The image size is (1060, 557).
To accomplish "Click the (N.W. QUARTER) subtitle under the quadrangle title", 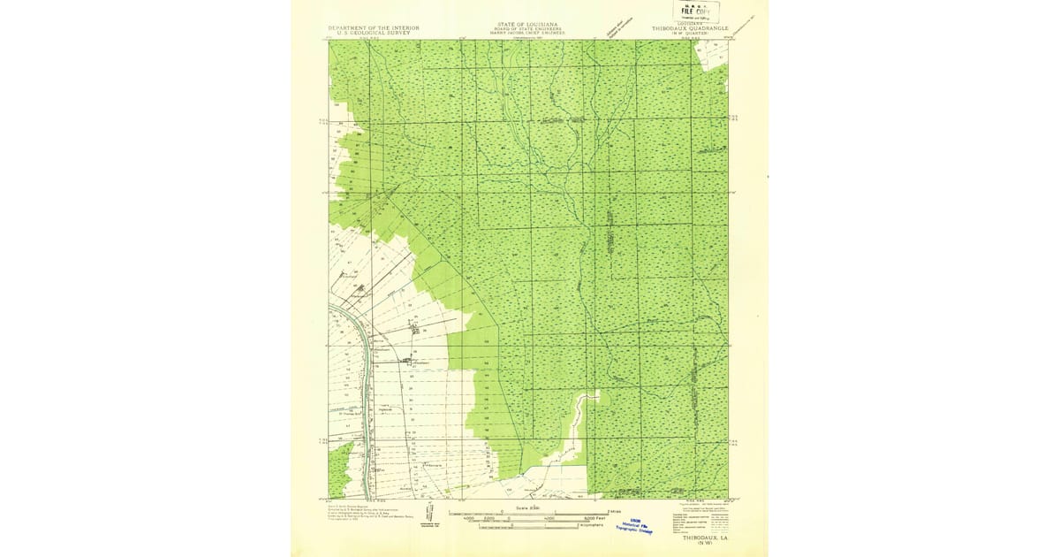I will pos(693,34).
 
